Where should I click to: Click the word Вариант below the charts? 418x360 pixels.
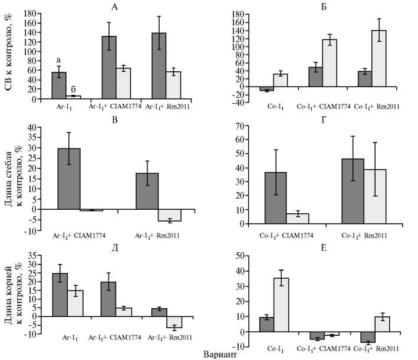(x=221, y=354)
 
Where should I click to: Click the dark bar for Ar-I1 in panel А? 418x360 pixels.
(x=59, y=85)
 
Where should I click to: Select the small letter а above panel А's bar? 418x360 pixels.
(x=59, y=60)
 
